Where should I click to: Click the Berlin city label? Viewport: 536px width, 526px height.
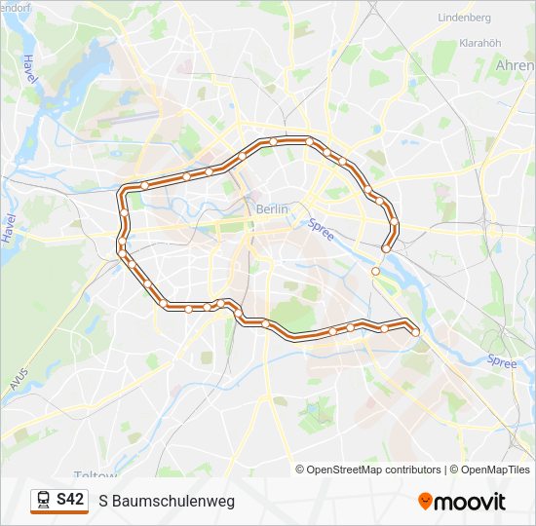pyautogui.click(x=274, y=208)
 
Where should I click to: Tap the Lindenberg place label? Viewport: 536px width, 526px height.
pyautogui.click(x=465, y=18)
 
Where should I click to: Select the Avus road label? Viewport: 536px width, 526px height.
pyautogui.click(x=18, y=378)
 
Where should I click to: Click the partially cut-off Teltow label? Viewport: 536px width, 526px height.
pyautogui.click(x=96, y=475)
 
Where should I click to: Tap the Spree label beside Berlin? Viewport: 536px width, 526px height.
pyautogui.click(x=321, y=230)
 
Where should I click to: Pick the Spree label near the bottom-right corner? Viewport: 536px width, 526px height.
pyautogui.click(x=502, y=361)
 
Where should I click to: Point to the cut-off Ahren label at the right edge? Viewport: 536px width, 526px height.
pyautogui.click(x=516, y=65)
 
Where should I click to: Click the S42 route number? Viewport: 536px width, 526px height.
pyautogui.click(x=69, y=500)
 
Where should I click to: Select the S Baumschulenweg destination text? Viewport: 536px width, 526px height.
pyautogui.click(x=167, y=501)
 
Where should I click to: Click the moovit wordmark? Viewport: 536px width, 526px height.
pyautogui.click(x=471, y=502)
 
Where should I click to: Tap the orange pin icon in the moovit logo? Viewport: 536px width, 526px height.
pyautogui.click(x=425, y=502)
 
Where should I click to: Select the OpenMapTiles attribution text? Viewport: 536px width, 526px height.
pyautogui.click(x=496, y=470)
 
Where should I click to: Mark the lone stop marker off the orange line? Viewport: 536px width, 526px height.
pyautogui.click(x=375, y=272)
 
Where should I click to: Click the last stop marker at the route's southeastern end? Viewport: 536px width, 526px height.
pyautogui.click(x=416, y=332)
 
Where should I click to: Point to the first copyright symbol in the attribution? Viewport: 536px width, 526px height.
pyautogui.click(x=301, y=470)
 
